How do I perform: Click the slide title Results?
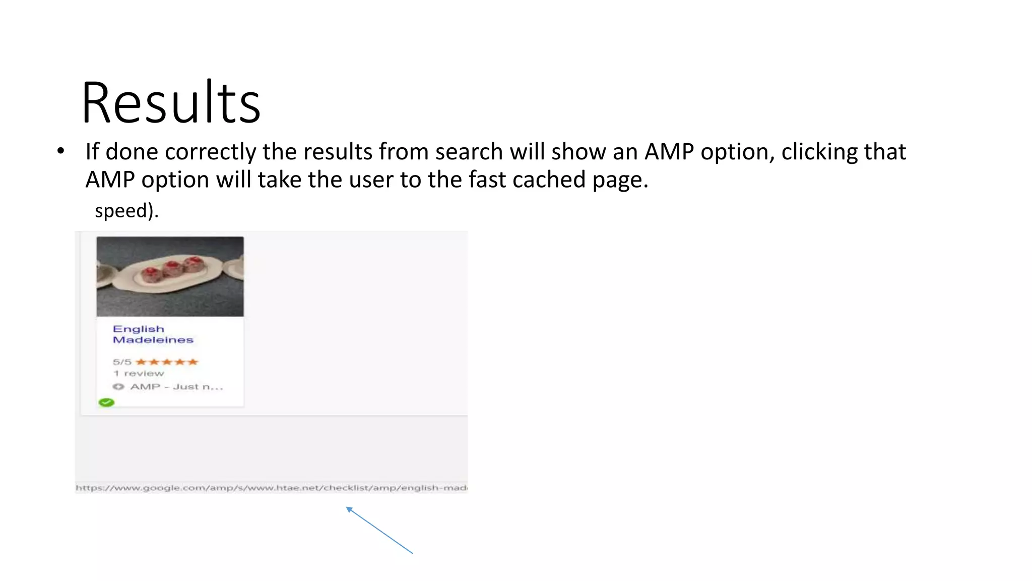171,103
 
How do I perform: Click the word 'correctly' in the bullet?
210,152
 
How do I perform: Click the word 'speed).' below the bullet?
126,210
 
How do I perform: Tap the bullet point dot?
61,151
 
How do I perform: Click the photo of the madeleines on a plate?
170,276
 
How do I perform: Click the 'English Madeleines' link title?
153,334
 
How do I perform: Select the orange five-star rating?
167,362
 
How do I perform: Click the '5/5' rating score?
122,362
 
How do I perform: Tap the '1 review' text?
139,373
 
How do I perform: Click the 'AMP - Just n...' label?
176,387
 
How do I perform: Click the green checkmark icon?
106,402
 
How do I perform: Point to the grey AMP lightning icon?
118,387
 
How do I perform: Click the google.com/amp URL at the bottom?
271,488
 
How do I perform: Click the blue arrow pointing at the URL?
379,530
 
